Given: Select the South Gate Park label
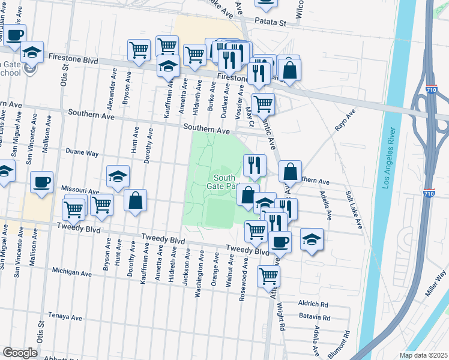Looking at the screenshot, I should (x=224, y=182).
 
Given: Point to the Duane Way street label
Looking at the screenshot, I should (x=82, y=153).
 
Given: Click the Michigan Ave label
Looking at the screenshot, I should (x=71, y=273).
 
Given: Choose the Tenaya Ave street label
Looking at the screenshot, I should (x=66, y=316).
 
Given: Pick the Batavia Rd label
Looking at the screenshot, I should (x=314, y=317).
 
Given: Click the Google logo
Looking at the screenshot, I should (x=20, y=353).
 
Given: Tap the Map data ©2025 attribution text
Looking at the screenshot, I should (x=423, y=355).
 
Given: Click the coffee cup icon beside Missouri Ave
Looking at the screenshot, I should (x=41, y=182).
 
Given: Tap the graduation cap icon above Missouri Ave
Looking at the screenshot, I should (x=118, y=176).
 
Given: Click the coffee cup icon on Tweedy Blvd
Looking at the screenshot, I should (x=280, y=242).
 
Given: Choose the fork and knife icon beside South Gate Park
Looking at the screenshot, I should (x=255, y=164).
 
